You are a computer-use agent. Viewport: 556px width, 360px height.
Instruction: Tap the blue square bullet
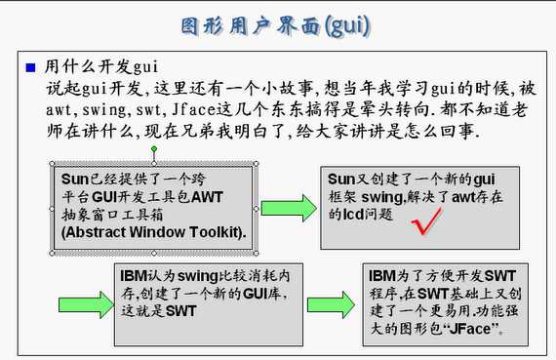pos(31,67)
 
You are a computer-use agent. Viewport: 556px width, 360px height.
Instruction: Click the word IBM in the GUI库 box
pos(134,275)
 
